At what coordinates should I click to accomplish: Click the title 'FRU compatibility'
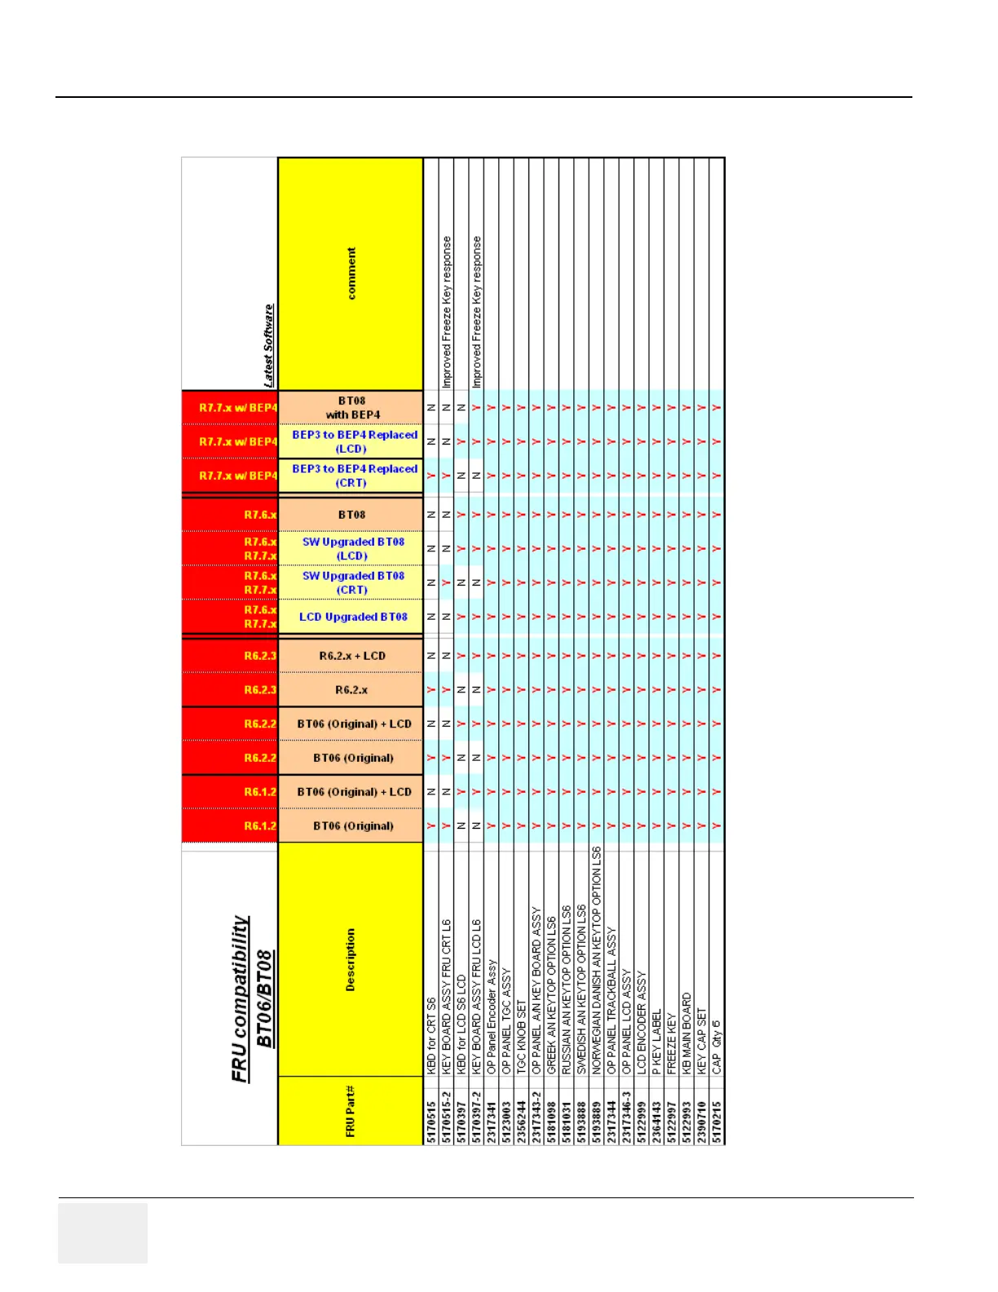tap(240, 998)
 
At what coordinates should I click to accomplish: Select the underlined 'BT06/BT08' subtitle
tap(264, 998)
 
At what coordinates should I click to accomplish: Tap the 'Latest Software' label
tap(268, 346)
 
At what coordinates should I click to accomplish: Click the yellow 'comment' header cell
tap(351, 274)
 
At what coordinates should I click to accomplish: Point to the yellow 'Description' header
tap(351, 959)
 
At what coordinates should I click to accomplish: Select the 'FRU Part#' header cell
tap(351, 1111)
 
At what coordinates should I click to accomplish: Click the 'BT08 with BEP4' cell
tap(351, 408)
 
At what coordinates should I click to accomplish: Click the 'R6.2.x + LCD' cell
tap(351, 656)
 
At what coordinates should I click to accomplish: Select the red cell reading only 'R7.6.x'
tap(231, 515)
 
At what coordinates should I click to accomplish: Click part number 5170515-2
tap(446, 1117)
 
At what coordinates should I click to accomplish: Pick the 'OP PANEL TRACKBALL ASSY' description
tap(612, 999)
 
